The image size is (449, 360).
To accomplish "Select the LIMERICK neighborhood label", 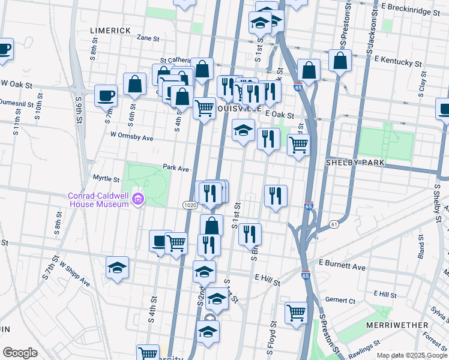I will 110,30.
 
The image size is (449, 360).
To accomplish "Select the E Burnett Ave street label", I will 342,264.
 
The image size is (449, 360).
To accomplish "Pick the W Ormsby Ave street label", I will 131,138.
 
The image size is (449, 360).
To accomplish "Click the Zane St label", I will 148,38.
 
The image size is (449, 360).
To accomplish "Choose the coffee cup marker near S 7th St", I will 106,95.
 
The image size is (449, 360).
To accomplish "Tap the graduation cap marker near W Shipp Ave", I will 118,268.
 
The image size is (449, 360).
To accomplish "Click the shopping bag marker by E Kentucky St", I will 340,60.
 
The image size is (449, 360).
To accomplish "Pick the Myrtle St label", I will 107,178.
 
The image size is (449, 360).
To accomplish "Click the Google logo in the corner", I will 20,353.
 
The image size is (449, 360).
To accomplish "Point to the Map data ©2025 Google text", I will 411,355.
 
